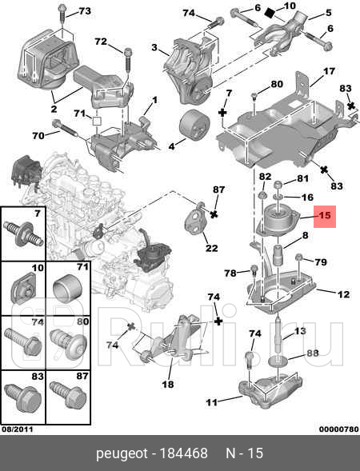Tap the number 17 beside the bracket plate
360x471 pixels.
point(328,72)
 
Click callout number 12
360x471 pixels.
point(342,294)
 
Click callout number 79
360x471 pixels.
point(320,261)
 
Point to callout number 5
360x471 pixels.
point(326,14)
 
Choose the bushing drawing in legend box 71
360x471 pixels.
point(66,286)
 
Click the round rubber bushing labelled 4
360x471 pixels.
point(193,126)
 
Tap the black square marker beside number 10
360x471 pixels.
point(270,12)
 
